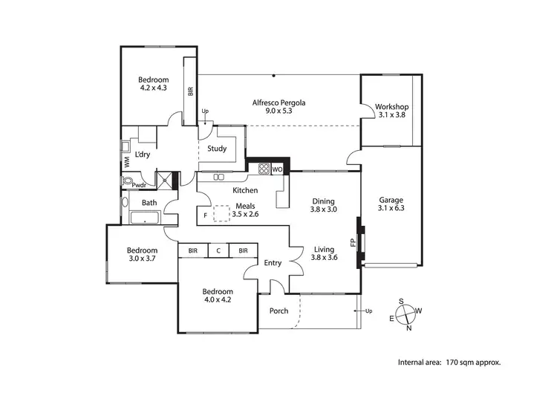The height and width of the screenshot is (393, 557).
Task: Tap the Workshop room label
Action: pos(392,106)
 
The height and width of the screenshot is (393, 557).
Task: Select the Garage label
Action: pos(391,199)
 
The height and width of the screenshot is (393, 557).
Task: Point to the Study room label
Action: pos(217,149)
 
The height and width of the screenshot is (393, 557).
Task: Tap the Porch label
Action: pos(279,311)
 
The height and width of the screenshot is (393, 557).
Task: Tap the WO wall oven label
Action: pos(277,169)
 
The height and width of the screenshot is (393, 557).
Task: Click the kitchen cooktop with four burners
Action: pos(263,169)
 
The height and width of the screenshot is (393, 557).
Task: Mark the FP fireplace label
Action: pos(353,242)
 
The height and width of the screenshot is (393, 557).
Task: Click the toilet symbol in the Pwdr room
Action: pos(128,181)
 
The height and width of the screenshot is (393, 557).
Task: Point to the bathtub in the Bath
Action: pos(144,218)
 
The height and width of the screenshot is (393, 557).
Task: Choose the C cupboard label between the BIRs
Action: pos(218,251)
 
